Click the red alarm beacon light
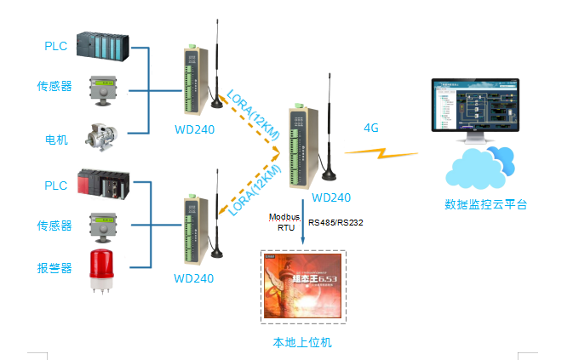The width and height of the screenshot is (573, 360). (x=100, y=268)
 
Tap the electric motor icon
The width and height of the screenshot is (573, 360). (x=102, y=135)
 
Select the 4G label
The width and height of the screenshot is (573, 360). (x=370, y=128)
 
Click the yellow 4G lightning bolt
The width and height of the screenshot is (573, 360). (x=381, y=153)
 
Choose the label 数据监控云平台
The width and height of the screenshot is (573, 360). (x=485, y=204)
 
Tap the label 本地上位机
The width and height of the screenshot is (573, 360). (x=301, y=342)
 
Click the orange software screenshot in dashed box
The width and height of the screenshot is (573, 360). (x=303, y=286)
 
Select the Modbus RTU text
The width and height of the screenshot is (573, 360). (x=280, y=223)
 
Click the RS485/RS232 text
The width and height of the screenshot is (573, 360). (x=335, y=223)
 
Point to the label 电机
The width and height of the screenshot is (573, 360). (x=56, y=140)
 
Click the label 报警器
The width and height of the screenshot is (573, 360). (x=54, y=268)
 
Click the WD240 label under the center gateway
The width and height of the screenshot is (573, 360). (x=331, y=197)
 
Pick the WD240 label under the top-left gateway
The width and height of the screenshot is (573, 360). (x=194, y=130)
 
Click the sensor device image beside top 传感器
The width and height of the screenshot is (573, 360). (x=102, y=88)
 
